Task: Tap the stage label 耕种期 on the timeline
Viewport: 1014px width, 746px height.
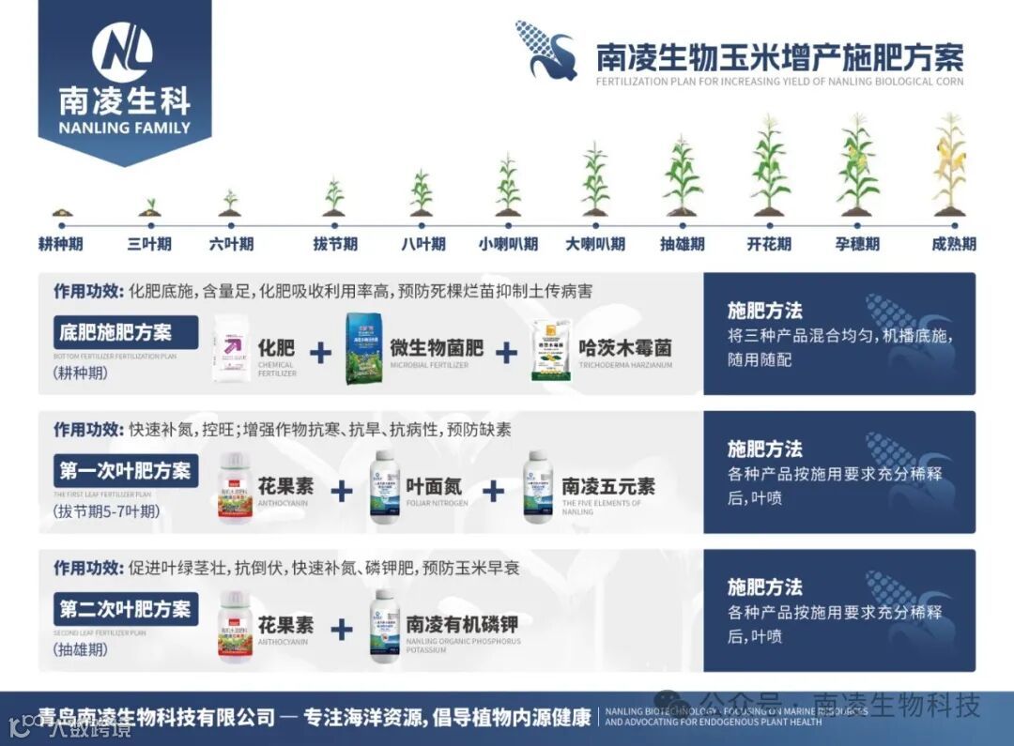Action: point(61,244)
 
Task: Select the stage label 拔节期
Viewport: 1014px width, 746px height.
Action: point(335,244)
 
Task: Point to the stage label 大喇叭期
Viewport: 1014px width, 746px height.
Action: point(594,244)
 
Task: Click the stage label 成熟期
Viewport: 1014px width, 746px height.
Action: point(953,244)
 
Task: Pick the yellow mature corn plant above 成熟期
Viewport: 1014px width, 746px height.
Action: point(950,164)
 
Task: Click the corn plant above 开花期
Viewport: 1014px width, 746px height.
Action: point(770,166)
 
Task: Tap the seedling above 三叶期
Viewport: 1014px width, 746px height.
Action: point(149,207)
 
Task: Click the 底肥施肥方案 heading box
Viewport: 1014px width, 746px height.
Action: point(126,332)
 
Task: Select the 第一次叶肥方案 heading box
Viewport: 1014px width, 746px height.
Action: point(126,470)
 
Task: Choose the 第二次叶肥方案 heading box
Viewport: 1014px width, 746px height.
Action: point(126,608)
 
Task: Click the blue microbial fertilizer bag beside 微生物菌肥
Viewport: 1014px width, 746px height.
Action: point(363,349)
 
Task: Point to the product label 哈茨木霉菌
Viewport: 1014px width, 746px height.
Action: point(625,348)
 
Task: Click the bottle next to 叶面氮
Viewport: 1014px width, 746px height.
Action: point(384,487)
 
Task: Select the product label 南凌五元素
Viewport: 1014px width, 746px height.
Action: point(608,486)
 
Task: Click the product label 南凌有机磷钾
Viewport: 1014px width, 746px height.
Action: point(462,624)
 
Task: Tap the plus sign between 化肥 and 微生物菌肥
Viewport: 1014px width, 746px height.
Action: point(321,352)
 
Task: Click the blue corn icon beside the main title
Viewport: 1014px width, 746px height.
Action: point(547,51)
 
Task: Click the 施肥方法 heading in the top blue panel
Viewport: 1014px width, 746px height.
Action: point(765,311)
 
